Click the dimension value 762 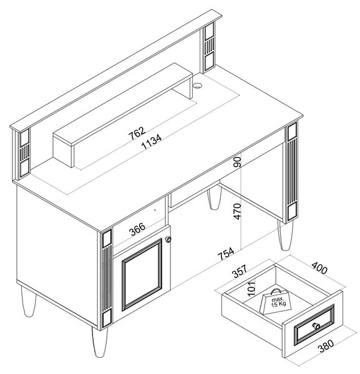click(137, 133)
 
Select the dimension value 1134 click(152, 141)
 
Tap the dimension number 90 click(238, 161)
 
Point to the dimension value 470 click(238, 211)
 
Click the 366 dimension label click(137, 229)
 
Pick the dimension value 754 click(226, 254)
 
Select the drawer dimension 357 click(240, 271)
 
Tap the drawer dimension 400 click(319, 267)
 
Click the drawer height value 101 click(251, 288)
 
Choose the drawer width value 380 click(326, 346)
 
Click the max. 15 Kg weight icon click(275, 302)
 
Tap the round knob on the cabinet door click(168, 239)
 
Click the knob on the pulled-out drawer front click(317, 326)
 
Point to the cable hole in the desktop click(198, 85)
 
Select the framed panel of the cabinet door click(142, 274)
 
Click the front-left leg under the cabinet click(100, 342)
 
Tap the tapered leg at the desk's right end click(285, 235)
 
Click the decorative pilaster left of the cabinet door click(107, 279)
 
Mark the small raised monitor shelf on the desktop click(123, 115)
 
